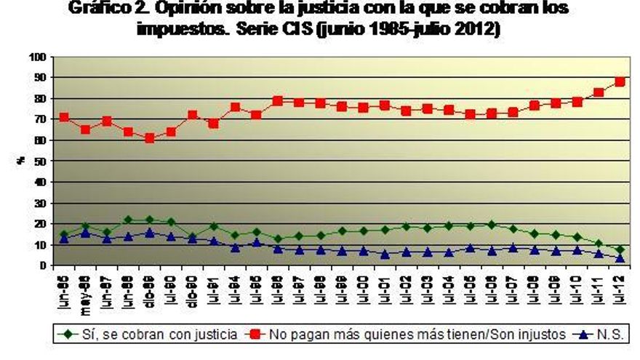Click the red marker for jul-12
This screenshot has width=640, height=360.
pos(620,81)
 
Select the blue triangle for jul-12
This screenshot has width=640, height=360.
pos(620,257)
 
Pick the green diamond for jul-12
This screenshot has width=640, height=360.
pos(620,249)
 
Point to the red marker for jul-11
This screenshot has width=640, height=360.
pos(599,92)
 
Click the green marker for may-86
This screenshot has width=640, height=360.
pos(85,226)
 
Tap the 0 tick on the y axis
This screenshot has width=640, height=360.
pos(47,265)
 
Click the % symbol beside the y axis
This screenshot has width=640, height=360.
pos(23,161)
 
